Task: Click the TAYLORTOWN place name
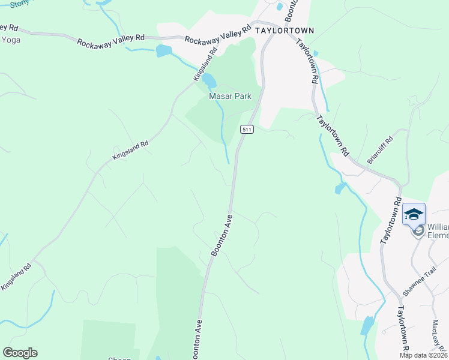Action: (285, 30)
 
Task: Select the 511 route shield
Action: (247, 129)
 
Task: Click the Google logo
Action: (20, 353)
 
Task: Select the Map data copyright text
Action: (423, 355)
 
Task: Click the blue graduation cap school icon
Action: (414, 214)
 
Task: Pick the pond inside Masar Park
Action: (209, 80)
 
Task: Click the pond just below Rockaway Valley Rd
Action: (163, 51)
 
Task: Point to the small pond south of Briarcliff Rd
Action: (340, 189)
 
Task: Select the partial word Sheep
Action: (119, 358)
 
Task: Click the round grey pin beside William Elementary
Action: (418, 230)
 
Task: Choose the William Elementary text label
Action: (438, 231)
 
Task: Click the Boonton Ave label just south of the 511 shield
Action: (221, 236)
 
